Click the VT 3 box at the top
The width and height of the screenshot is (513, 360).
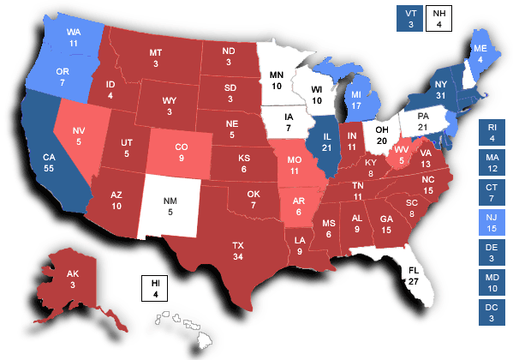click(x=409, y=17)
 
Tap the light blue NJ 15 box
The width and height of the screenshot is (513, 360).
click(x=492, y=224)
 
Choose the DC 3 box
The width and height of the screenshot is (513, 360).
click(x=492, y=313)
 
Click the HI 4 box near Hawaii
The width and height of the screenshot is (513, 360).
click(x=155, y=289)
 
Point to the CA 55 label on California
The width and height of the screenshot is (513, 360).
click(x=50, y=165)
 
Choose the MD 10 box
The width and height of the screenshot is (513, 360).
click(x=492, y=283)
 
